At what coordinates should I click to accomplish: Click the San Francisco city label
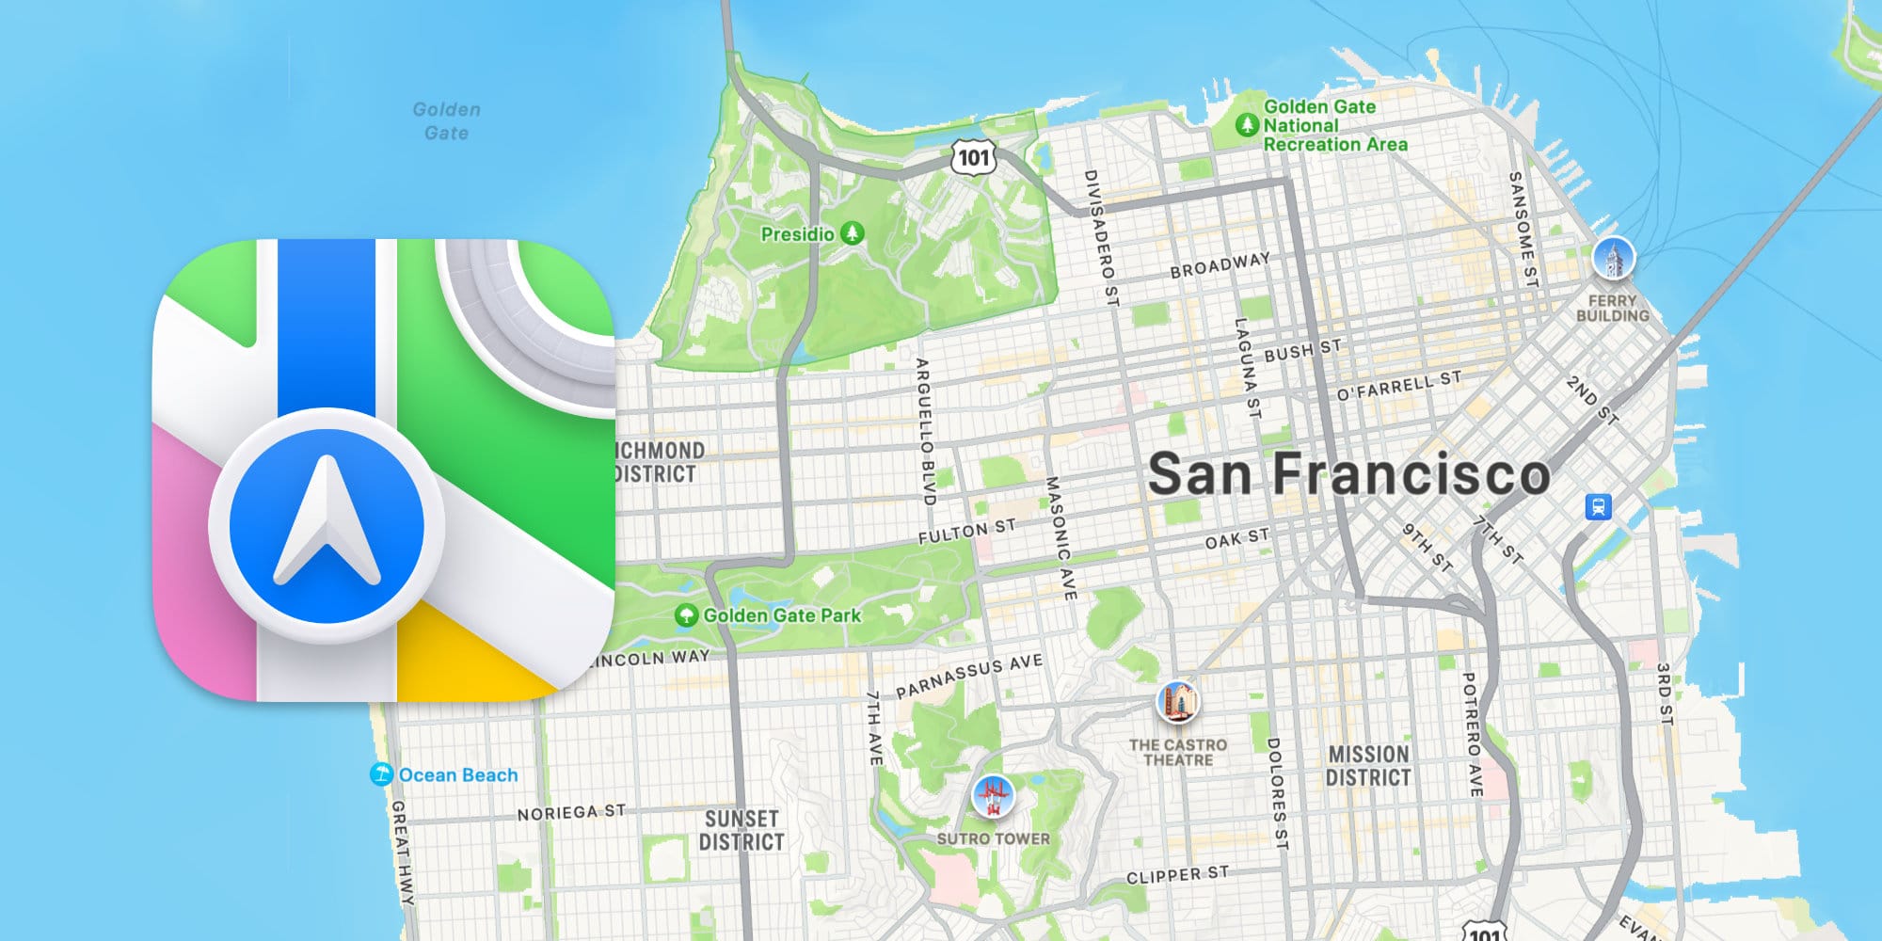[x=1348, y=473]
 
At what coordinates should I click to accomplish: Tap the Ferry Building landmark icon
[x=1613, y=259]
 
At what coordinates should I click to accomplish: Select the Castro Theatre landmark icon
[x=1177, y=702]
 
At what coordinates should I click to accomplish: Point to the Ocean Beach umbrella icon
[x=381, y=774]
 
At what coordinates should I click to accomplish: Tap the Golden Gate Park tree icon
[x=687, y=615]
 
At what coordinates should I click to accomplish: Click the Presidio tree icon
[x=853, y=232]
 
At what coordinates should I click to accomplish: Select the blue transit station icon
[x=1598, y=506]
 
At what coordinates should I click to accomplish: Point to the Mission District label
[x=1368, y=766]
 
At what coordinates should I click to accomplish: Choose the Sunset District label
[x=742, y=830]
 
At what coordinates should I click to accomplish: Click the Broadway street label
[x=1220, y=264]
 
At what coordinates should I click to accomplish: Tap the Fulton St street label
[x=966, y=532]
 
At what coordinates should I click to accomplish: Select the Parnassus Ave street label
[x=968, y=677]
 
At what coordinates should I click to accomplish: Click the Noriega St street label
[x=570, y=812]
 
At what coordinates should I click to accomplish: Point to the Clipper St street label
[x=1177, y=875]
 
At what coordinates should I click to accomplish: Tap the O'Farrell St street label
[x=1399, y=385]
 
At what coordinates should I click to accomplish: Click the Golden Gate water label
[x=446, y=121]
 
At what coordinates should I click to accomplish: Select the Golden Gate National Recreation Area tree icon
[x=1247, y=124]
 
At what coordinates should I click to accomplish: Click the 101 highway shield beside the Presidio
[x=973, y=156]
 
